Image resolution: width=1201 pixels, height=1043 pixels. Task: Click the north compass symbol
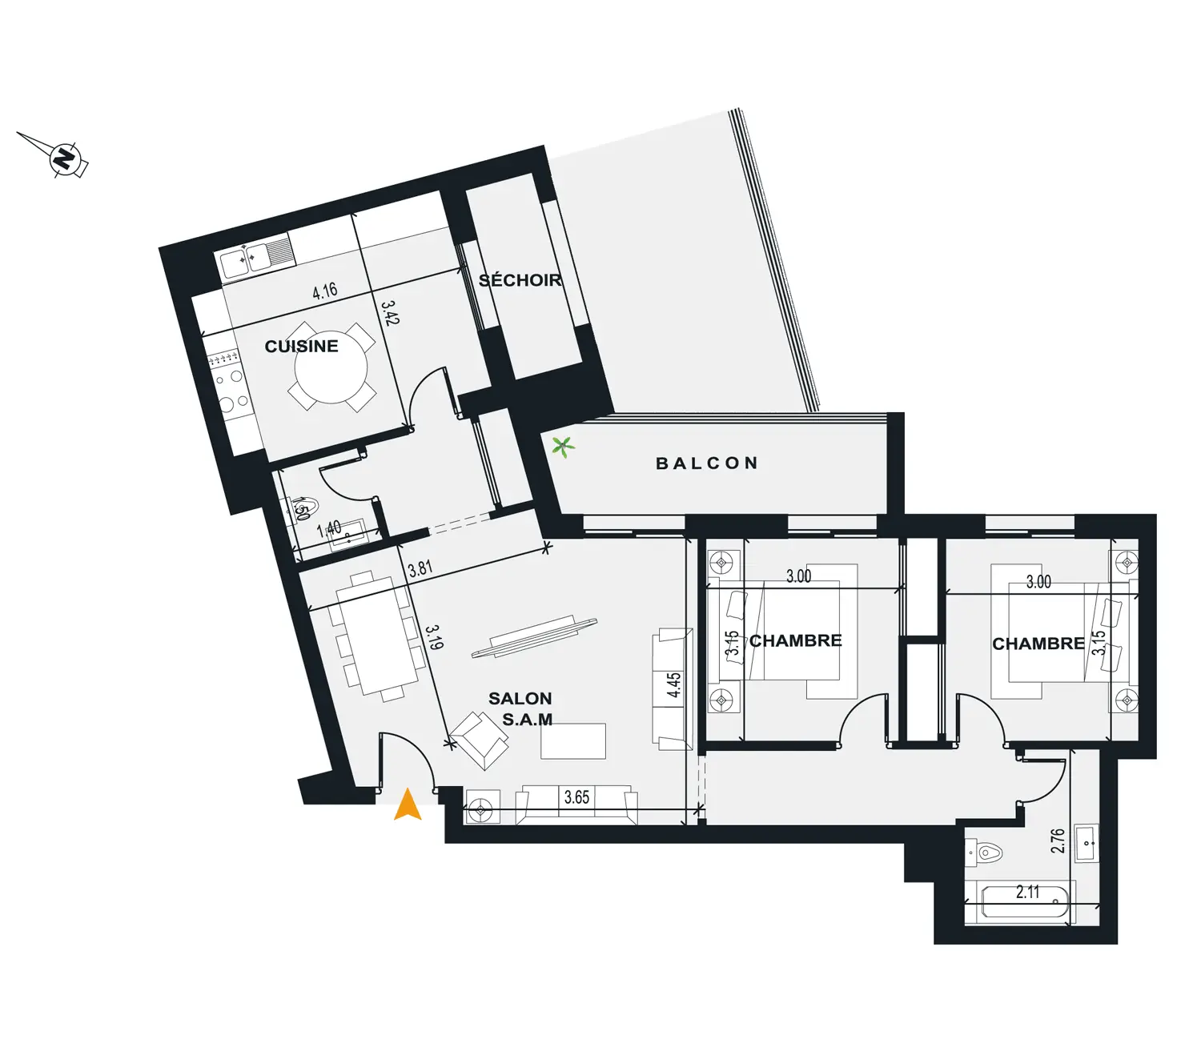[66, 158]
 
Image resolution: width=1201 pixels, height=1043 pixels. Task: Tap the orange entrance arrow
[408, 804]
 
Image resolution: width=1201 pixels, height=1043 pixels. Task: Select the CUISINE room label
[301, 346]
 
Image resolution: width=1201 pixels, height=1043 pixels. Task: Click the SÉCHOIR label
[520, 280]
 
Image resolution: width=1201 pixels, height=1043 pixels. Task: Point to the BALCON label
[707, 463]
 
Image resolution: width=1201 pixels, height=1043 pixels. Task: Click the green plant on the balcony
[563, 447]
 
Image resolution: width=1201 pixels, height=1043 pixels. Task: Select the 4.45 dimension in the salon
[674, 684]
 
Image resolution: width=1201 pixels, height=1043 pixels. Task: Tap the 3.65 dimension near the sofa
[576, 797]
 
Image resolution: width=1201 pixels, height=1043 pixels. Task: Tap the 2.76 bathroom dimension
[1058, 840]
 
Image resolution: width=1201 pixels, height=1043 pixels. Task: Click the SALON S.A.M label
[521, 708]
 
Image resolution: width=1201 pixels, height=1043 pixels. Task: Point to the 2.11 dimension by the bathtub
[1028, 893]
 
